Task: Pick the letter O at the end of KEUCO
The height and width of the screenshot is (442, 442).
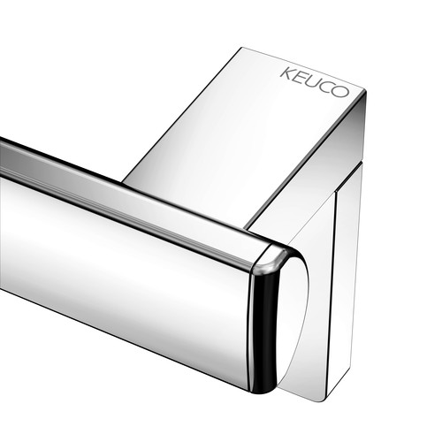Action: click(x=339, y=91)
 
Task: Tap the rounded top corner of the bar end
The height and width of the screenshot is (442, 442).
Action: click(x=269, y=259)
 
